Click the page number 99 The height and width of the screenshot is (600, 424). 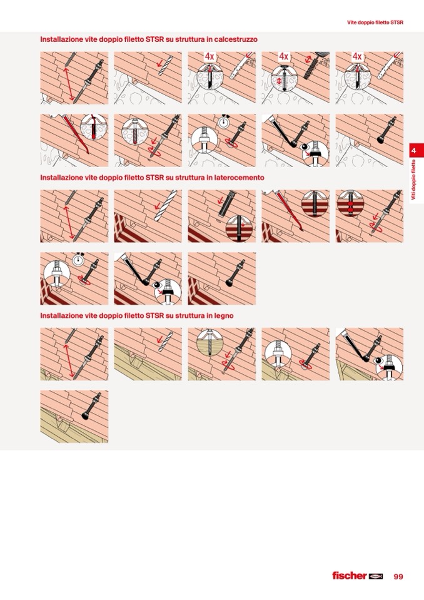coord(398,576)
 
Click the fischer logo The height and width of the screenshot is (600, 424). coord(358,576)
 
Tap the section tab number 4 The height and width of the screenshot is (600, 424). coord(413,151)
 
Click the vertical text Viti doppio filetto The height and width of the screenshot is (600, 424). coord(413,180)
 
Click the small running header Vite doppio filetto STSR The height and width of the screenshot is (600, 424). coord(375,23)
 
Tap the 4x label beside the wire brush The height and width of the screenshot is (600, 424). coord(283,57)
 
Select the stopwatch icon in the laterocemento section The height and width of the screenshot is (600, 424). coord(78,259)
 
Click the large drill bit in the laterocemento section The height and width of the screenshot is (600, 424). coord(166,205)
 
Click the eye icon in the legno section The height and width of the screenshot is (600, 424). coord(378,360)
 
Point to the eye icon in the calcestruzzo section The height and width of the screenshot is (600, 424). coord(305,147)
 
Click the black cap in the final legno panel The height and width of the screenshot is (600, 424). coord(86,415)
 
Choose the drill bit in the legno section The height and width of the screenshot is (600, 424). coord(166,342)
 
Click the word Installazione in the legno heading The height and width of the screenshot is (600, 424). coord(59,316)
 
